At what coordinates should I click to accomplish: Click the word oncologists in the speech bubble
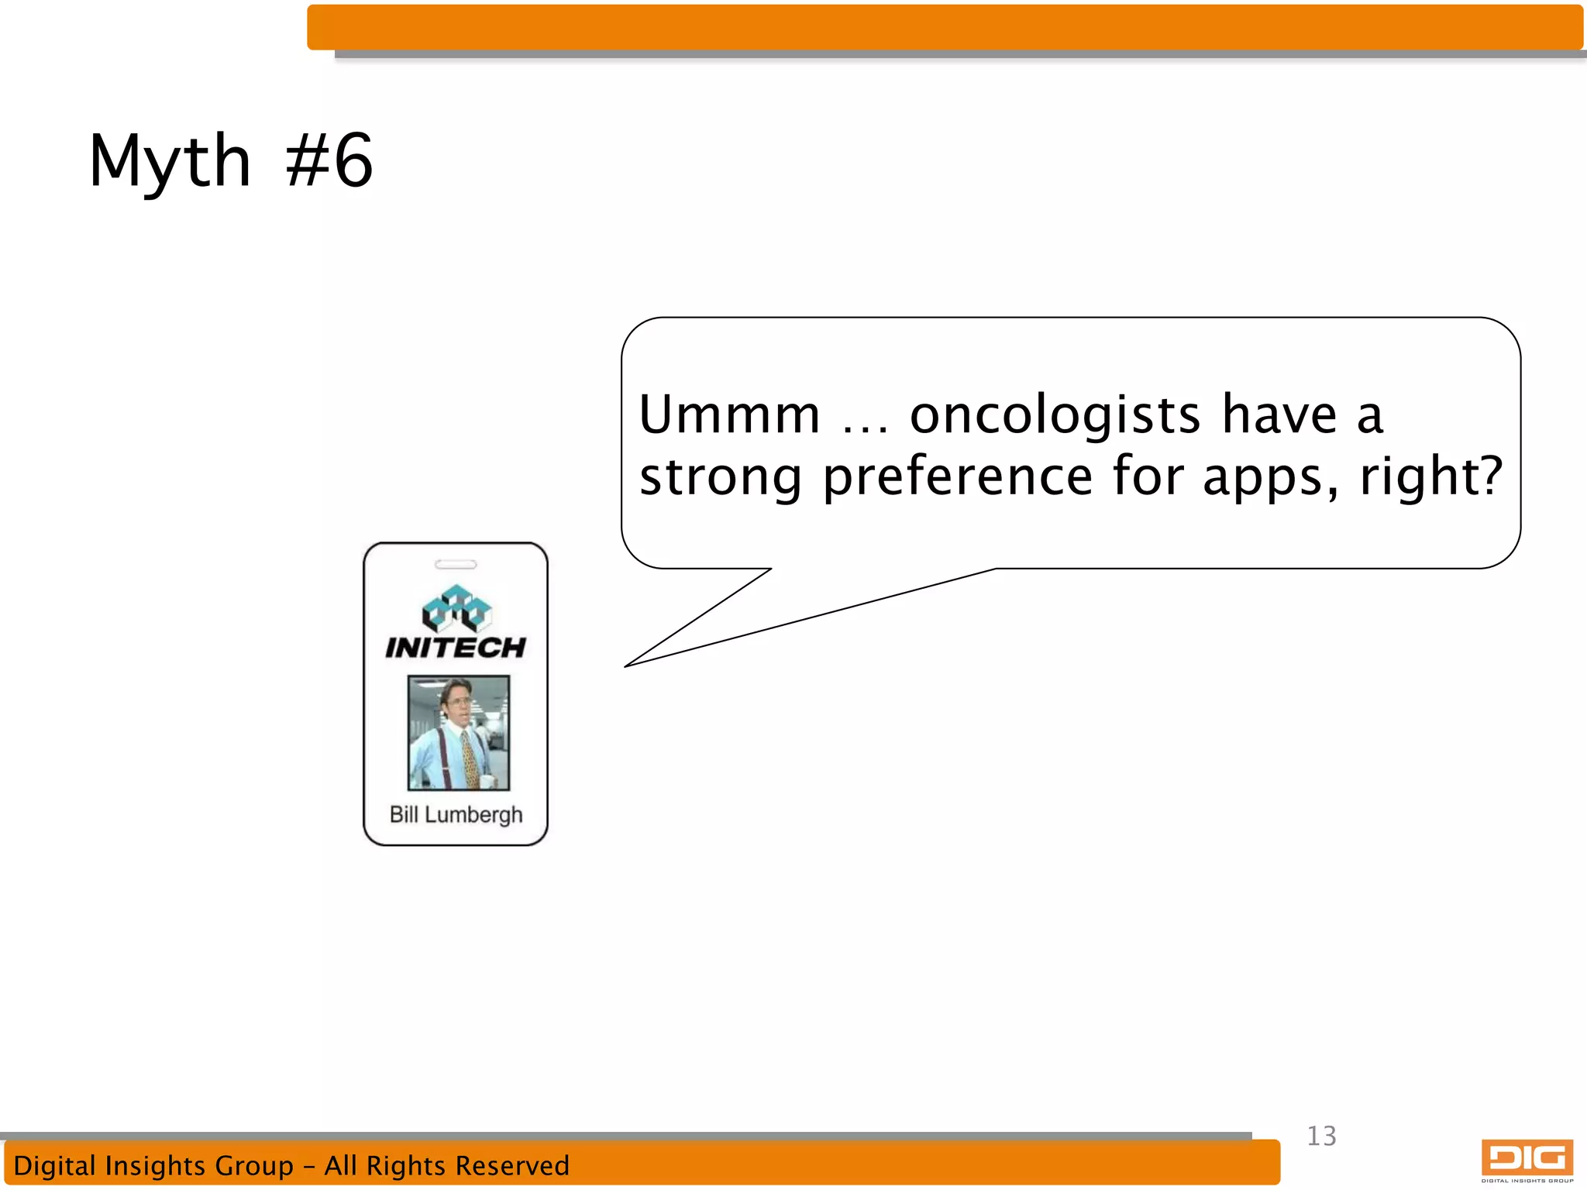point(1055,415)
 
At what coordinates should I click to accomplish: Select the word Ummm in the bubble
point(728,415)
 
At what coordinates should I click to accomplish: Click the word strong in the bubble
point(720,477)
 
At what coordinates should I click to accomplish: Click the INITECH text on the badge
point(456,648)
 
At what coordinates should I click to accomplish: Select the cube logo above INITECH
point(456,608)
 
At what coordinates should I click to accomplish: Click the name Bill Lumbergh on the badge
point(456,815)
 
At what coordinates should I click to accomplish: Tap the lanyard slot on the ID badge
point(456,564)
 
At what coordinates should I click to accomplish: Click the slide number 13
point(1321,1136)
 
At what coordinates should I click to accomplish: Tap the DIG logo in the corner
point(1527,1160)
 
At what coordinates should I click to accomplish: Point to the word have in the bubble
point(1279,415)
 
